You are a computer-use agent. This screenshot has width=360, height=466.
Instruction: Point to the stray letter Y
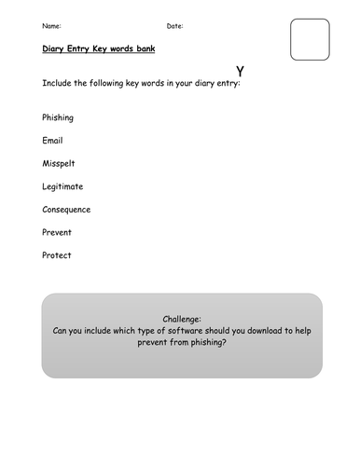tap(241, 71)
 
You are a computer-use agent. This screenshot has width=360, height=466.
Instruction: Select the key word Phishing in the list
tap(58, 118)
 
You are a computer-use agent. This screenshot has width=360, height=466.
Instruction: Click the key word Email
tap(52, 141)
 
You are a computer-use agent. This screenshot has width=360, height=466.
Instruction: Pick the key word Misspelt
tap(59, 164)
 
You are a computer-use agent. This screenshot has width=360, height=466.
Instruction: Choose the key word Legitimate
tap(63, 186)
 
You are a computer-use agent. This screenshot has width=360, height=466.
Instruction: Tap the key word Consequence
tap(66, 210)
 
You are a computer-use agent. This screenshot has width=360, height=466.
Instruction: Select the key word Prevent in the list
tap(57, 232)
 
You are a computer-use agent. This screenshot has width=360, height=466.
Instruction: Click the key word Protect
tap(56, 255)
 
